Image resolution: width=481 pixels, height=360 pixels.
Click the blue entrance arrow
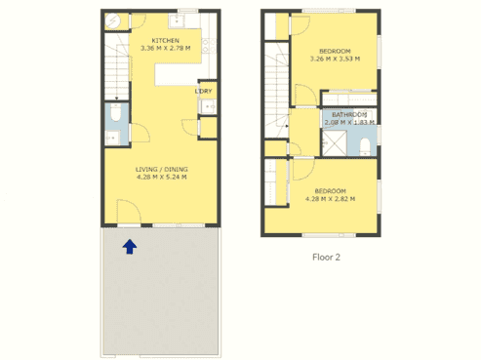pyautogui.click(x=129, y=248)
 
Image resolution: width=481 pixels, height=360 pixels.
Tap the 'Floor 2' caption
pyautogui.click(x=325, y=258)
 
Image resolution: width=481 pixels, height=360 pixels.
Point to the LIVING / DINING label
pyautogui.click(x=161, y=169)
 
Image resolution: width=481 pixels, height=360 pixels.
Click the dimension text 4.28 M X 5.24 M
pyautogui.click(x=161, y=177)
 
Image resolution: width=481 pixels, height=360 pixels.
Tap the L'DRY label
pyautogui.click(x=204, y=92)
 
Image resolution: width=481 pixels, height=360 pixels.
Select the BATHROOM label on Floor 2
pyautogui.click(x=349, y=114)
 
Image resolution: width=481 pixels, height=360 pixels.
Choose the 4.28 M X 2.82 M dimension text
pyautogui.click(x=330, y=198)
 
